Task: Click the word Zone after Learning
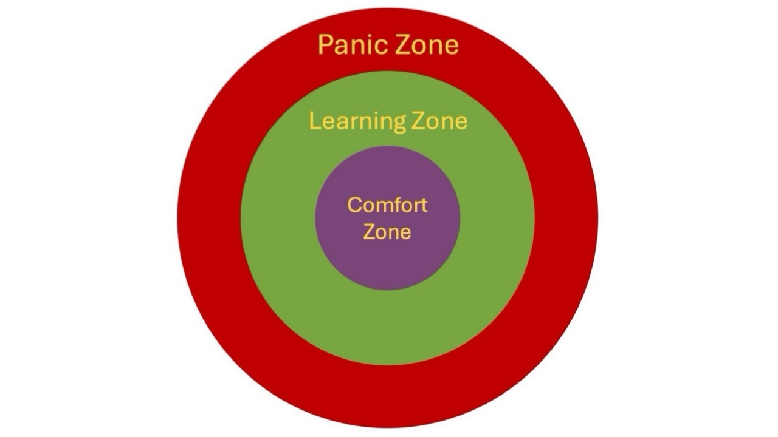(x=439, y=121)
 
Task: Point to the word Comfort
(x=387, y=205)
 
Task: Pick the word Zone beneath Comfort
(x=387, y=232)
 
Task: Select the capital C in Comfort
(x=353, y=205)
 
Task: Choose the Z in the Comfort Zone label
(x=369, y=232)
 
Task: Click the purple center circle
(x=387, y=261)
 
